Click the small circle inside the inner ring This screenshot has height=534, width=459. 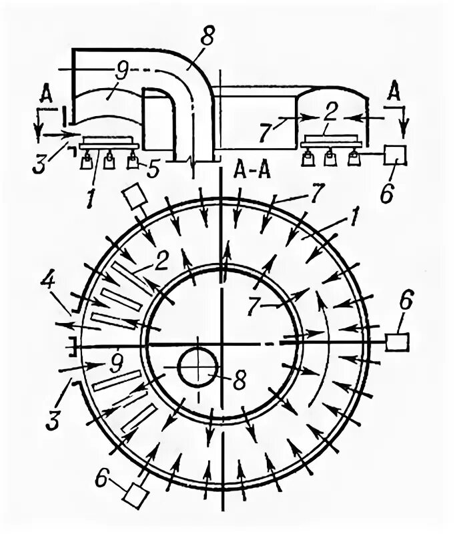(x=198, y=366)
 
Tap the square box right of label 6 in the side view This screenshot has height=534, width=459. (x=395, y=154)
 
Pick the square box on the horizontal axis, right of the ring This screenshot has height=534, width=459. (x=398, y=342)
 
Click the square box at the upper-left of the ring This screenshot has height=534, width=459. (x=135, y=196)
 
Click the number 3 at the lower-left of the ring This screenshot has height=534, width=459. (x=58, y=403)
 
